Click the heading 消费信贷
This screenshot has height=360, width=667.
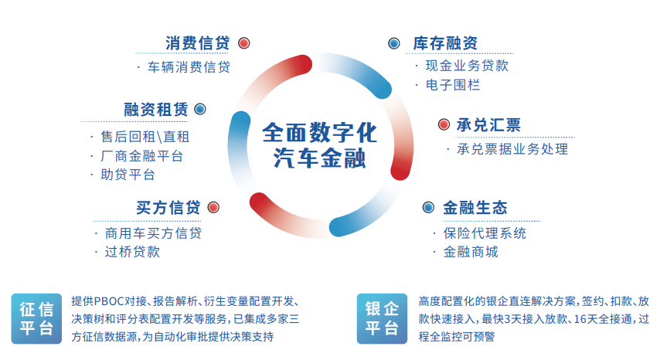[198, 43]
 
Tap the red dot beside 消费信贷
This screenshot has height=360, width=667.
[243, 43]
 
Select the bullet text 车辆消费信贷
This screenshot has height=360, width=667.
[189, 66]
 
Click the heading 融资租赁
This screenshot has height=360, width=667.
[155, 109]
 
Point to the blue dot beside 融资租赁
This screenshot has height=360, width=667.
[200, 109]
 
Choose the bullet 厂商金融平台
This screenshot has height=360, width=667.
[141, 156]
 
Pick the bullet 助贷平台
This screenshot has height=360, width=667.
[128, 175]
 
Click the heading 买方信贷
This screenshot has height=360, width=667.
[168, 207]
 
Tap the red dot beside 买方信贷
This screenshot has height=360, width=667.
[213, 207]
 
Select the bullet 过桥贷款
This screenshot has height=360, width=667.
[132, 252]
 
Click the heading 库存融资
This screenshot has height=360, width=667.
[445, 43]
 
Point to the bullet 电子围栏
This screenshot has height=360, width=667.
[453, 85]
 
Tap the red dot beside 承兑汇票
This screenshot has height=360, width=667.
[444, 124]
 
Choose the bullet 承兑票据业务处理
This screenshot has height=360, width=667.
[512, 149]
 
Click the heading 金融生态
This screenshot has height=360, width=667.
[475, 207]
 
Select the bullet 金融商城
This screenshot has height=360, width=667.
[471, 252]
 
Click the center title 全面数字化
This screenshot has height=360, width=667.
[319, 133]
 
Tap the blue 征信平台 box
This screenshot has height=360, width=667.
[36, 318]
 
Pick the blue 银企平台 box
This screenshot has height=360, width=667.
[382, 318]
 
